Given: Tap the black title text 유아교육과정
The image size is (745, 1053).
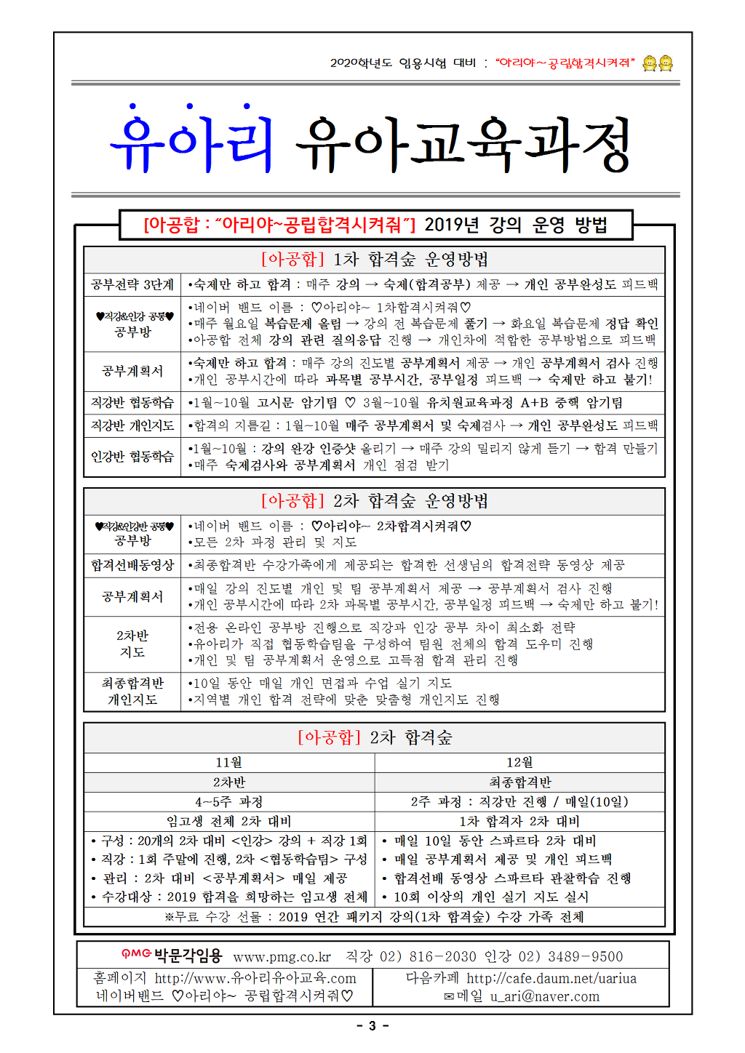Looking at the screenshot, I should pyautogui.click(x=463, y=144).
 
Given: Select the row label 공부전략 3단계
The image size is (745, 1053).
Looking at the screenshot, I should pyautogui.click(x=132, y=284).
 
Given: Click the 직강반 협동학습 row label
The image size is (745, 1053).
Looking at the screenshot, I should pyautogui.click(x=132, y=402).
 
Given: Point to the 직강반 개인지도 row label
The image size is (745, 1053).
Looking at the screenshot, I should pyautogui.click(x=132, y=425).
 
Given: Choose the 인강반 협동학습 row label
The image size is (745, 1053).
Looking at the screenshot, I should pyautogui.click(x=132, y=457).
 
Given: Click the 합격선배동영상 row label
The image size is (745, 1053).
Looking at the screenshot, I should pyautogui.click(x=132, y=565).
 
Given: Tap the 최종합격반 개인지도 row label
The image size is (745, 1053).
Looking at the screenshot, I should pyautogui.click(x=132, y=692).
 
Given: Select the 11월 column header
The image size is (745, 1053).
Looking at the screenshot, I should pyautogui.click(x=229, y=762).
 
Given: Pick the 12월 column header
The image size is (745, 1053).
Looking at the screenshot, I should pyautogui.click(x=519, y=762).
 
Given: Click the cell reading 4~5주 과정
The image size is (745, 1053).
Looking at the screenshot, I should pyautogui.click(x=229, y=801).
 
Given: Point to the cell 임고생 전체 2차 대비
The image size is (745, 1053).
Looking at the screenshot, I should pyautogui.click(x=229, y=821).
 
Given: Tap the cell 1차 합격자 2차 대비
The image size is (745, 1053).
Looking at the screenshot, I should pyautogui.click(x=519, y=821).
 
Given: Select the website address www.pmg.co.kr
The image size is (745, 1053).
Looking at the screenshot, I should pyautogui.click(x=282, y=957).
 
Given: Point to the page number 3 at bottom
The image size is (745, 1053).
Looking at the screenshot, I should pyautogui.click(x=372, y=1026).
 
